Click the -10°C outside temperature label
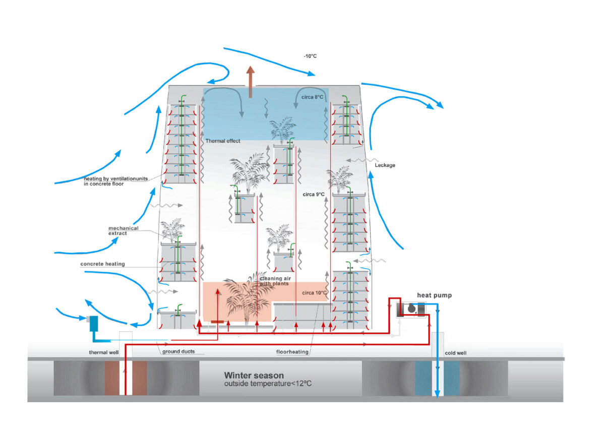(x=310, y=56)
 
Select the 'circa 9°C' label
(x=313, y=194)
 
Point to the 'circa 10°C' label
(x=315, y=292)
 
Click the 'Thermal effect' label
(x=223, y=141)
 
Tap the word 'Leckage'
(x=385, y=165)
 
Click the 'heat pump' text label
(x=434, y=295)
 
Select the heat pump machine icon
(x=411, y=309)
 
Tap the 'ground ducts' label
(x=178, y=352)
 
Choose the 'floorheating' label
(x=292, y=352)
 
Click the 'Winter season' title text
(x=254, y=376)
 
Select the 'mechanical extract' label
(x=123, y=231)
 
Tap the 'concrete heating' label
(x=102, y=264)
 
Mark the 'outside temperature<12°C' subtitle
(x=267, y=384)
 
